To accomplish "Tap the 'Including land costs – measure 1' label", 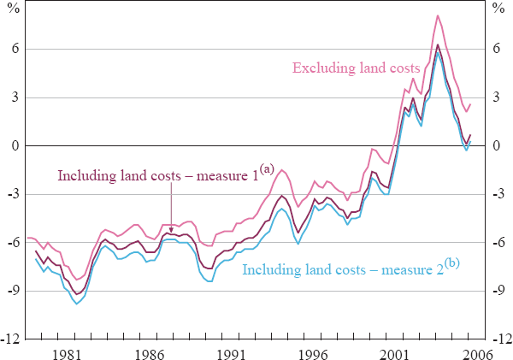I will coord(156,177).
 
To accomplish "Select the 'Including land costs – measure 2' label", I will coord(343,271).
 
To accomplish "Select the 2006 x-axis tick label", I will coord(477,352).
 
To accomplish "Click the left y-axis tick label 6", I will coord(15,50).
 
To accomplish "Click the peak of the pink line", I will coord(438,15).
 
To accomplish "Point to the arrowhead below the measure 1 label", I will coord(172,231).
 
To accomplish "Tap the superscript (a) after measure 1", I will coord(266,169).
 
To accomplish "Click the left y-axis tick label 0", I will coord(15,146).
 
